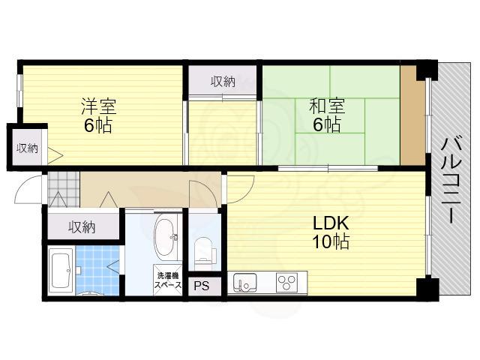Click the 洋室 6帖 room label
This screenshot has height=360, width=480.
pyautogui.click(x=98, y=115)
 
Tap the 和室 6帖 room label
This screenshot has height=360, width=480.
pyautogui.click(x=327, y=115)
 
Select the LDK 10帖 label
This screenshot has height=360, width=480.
pyautogui.click(x=331, y=232)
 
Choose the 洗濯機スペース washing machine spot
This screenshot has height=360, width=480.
pyautogui.click(x=168, y=280)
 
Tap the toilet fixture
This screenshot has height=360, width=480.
pyautogui.click(x=203, y=250)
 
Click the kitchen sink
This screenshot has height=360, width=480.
pyautogui.click(x=245, y=283)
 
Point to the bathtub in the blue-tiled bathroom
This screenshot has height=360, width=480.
pyautogui.click(x=61, y=271)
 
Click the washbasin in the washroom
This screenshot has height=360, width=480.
pyautogui.click(x=166, y=237)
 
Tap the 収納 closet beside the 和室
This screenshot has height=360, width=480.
pyautogui.click(x=223, y=81)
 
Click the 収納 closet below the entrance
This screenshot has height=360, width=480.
pyautogui.click(x=83, y=226)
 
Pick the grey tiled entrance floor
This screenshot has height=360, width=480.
pyautogui.click(x=64, y=189)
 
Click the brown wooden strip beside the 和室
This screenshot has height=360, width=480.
pyautogui.click(x=412, y=115)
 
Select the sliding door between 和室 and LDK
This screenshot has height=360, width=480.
pyautogui.click(x=328, y=168)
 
